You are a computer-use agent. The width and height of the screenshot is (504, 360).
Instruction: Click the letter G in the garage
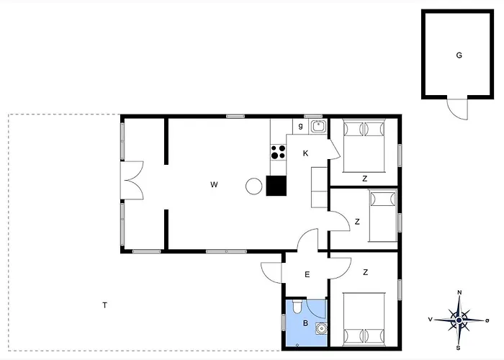(459, 55)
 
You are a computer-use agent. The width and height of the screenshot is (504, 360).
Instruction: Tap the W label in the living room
(214, 184)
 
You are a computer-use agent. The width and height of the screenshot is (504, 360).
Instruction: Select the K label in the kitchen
(305, 153)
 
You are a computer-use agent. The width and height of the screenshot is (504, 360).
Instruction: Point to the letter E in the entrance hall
(307, 274)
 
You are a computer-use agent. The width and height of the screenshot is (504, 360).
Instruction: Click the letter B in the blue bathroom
(305, 323)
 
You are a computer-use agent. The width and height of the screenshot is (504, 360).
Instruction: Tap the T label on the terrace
(104, 305)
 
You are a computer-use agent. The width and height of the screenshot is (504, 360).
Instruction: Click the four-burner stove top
(278, 152)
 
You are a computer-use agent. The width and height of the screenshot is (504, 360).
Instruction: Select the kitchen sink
(318, 126)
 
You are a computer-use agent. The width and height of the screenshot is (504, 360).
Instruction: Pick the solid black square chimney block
(276, 186)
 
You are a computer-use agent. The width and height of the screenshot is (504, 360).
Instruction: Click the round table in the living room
(254, 186)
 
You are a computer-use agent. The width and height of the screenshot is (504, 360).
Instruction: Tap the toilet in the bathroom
(297, 306)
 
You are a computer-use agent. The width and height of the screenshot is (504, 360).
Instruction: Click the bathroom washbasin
(321, 328)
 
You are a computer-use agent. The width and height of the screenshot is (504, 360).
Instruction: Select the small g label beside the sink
(300, 126)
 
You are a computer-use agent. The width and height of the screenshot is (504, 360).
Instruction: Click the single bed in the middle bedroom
(382, 215)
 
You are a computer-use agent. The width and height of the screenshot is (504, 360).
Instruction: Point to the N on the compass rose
(459, 292)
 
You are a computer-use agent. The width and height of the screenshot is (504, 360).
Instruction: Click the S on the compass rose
(459, 348)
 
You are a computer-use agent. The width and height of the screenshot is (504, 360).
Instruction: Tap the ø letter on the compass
(487, 320)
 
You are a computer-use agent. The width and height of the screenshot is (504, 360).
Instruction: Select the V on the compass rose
(430, 319)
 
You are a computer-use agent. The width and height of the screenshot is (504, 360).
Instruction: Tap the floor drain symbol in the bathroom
(297, 345)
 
